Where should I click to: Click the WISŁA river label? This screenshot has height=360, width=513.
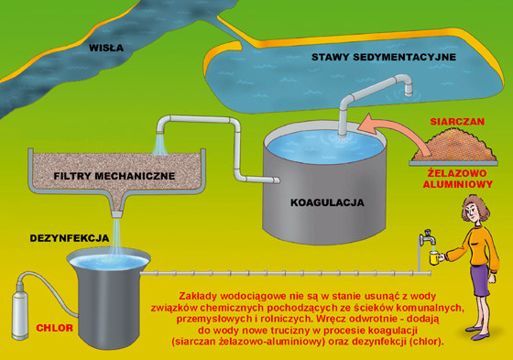pos(106,48)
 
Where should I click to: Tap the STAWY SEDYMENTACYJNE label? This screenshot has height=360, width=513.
pos(384,57)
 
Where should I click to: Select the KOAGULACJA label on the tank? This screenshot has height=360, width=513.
pos(327,202)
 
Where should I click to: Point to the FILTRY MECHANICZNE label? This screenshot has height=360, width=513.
pos(115,176)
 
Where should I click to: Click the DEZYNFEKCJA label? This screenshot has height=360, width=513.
pos(70,238)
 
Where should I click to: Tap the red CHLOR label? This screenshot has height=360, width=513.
pos(54,328)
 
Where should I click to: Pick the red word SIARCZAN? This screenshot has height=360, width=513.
pos(457,122)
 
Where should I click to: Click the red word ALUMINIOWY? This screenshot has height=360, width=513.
pos(458,184)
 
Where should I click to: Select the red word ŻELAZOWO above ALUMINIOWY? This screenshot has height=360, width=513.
pos(457,173)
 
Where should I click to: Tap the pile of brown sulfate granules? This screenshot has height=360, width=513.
pos(453,145)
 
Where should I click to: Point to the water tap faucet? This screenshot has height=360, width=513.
pos(427,238)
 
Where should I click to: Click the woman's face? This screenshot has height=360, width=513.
pos(474,213)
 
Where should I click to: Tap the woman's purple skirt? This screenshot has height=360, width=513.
pos(480,280)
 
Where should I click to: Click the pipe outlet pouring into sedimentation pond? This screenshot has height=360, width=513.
pos(408,90)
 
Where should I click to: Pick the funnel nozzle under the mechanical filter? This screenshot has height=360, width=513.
pos(117,214)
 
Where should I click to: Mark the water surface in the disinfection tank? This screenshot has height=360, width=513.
pos(109,262)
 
